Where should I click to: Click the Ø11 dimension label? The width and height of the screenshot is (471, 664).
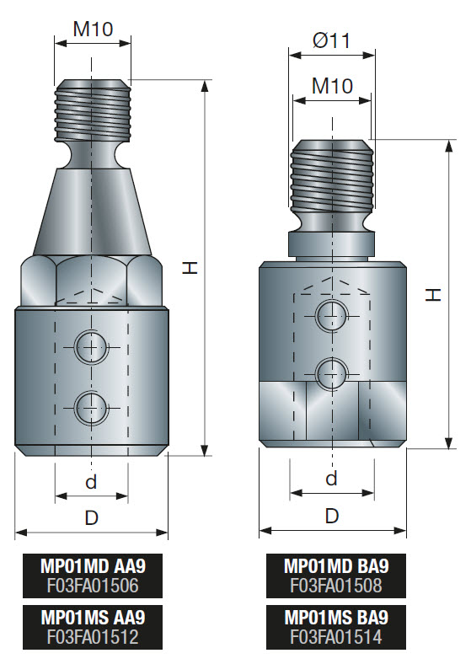click(331, 40)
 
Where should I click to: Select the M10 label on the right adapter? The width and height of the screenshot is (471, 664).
click(331, 85)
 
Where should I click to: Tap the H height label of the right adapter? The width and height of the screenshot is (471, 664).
click(432, 294)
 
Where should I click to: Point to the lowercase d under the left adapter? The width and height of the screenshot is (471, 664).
click(91, 483)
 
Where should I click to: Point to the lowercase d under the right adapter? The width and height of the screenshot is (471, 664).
click(331, 478)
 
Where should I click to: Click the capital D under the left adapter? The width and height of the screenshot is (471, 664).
click(91, 518)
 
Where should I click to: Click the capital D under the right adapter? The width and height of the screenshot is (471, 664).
click(332, 515)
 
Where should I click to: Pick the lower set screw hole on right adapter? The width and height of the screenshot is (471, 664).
click(330, 370)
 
